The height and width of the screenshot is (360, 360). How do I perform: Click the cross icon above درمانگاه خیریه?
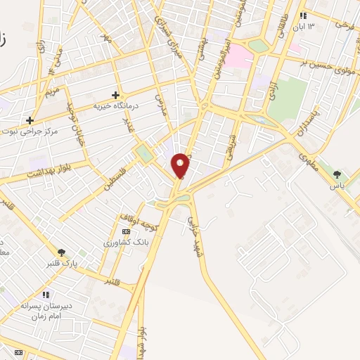pyautogui.click(x=115, y=94)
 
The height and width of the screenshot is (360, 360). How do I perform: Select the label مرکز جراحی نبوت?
pyautogui.click(x=29, y=131)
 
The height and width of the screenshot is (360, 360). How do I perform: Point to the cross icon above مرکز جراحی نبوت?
pyautogui.click(x=30, y=120)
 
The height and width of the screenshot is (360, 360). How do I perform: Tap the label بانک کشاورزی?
pyautogui.click(x=123, y=243)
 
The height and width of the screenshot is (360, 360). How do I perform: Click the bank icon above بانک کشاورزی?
pyautogui.click(x=126, y=231)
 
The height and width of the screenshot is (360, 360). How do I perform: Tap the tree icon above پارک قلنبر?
pyautogui.click(x=61, y=252)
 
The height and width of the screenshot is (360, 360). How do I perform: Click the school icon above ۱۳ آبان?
pyautogui.click(x=303, y=15)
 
